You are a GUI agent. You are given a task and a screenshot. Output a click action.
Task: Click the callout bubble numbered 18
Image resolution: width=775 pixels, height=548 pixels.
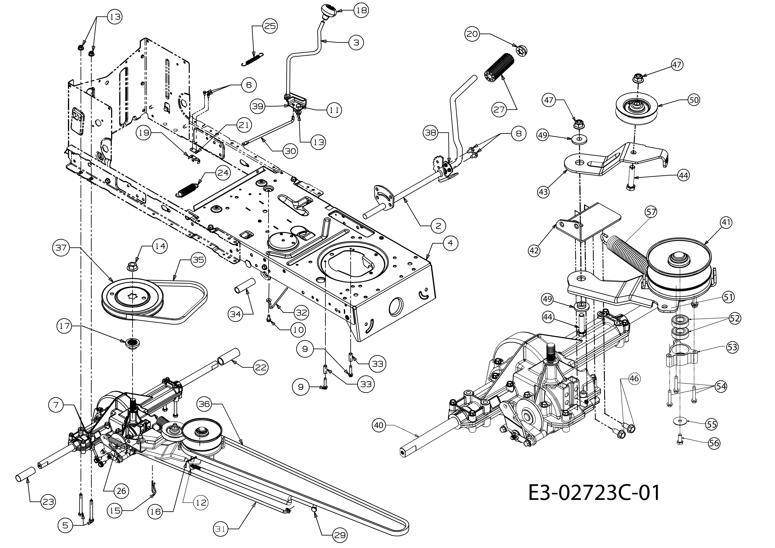[x=361, y=11]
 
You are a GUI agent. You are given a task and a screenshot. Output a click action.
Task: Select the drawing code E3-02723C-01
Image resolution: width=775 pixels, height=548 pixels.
[x=594, y=493]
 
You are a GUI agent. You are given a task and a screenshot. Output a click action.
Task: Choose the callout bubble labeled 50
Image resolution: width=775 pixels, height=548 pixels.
[x=694, y=100]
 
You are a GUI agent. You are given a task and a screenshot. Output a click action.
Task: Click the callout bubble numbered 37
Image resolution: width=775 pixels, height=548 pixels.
[x=61, y=248]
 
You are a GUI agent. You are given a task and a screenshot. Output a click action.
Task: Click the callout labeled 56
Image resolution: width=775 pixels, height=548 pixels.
[x=714, y=443]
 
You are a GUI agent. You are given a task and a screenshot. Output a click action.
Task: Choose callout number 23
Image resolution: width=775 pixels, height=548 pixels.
[x=48, y=502]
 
